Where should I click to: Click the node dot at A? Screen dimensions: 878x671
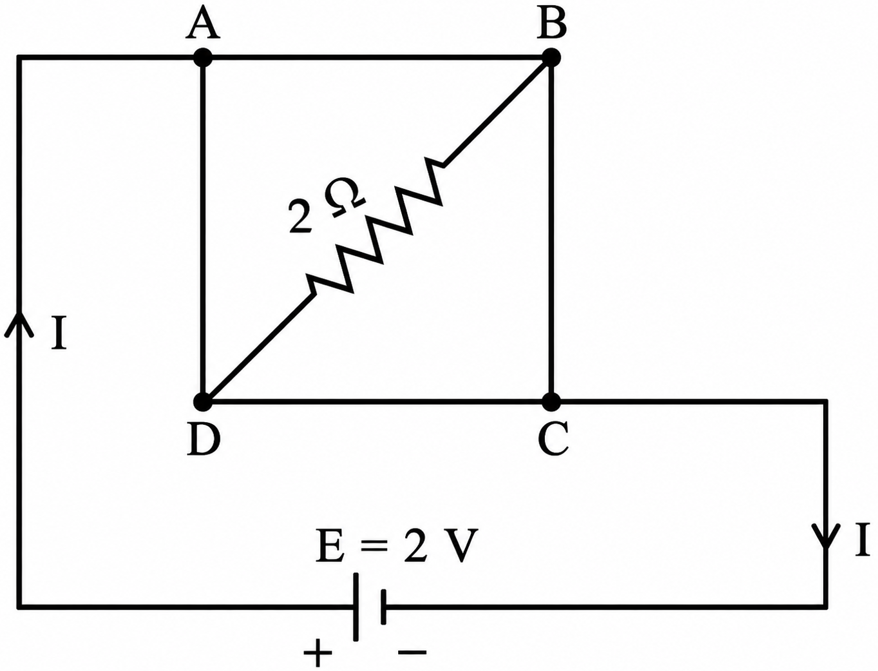[203, 59]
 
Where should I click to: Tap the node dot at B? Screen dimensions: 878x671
[551, 58]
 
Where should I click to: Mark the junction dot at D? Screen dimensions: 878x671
[202, 402]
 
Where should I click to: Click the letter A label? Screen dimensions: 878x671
[202, 25]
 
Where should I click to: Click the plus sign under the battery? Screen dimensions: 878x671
[318, 652]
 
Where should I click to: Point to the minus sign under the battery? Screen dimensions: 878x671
[412, 652]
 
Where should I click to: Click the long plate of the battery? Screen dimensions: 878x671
[356, 608]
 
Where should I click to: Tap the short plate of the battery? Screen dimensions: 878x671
[383, 607]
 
